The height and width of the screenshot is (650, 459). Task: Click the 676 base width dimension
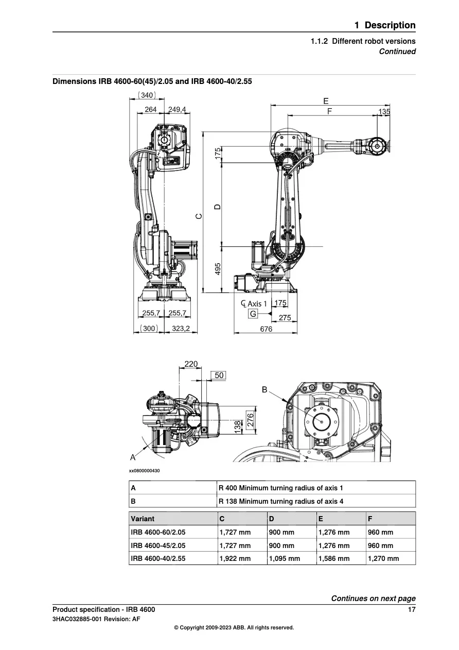pos(266,329)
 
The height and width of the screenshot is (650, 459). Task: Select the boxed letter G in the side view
pos(253,314)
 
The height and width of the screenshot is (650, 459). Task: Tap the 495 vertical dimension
pos(218,268)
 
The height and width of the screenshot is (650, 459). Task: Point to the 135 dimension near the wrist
pos(384,112)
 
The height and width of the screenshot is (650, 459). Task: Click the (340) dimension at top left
pos(147,95)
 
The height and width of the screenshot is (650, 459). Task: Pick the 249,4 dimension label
pos(178,110)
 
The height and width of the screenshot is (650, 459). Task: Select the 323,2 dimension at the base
pos(181,328)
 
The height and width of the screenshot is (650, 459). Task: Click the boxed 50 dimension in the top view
pos(219,375)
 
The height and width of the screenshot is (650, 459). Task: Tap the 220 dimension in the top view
pos(191,364)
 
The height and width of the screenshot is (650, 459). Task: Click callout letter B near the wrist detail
pos(264,390)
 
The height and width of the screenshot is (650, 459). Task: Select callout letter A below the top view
pos(133,457)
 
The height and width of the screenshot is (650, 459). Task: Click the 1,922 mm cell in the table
pos(235,558)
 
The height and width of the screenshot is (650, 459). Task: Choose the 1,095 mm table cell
pos(285,558)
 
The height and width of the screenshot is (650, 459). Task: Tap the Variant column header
pos(143,519)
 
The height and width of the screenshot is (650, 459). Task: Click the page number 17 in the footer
pos(411,610)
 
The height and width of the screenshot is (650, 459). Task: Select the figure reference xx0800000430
pos(144,471)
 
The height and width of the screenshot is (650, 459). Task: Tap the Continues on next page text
pos(373,598)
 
